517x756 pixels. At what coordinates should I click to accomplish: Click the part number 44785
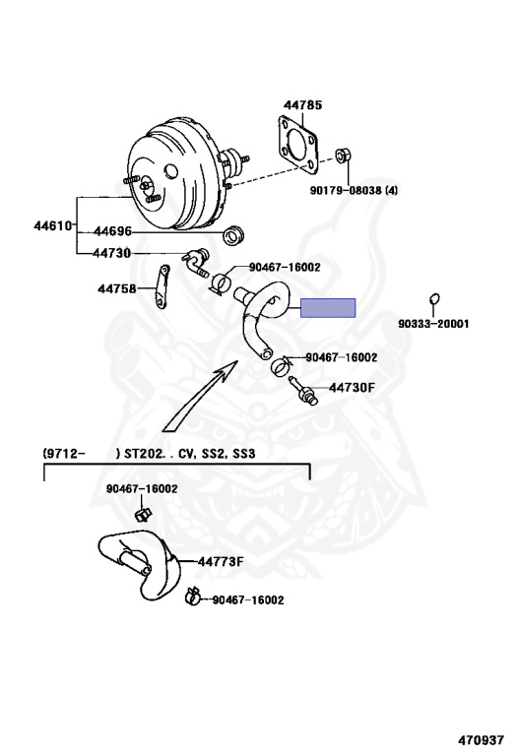[x=302, y=104]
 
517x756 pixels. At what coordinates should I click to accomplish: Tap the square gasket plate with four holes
[x=298, y=145]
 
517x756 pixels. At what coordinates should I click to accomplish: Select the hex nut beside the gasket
[x=343, y=156]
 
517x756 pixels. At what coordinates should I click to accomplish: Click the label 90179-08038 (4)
[x=354, y=190]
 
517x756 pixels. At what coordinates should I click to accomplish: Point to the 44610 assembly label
[x=53, y=225]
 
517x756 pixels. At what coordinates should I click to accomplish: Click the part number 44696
[x=112, y=231]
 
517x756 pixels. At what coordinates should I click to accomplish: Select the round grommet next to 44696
[x=233, y=235]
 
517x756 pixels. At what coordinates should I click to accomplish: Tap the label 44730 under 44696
[x=112, y=253]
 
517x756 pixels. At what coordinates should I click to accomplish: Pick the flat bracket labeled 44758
[x=162, y=285]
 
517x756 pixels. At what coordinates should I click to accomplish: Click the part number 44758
[x=117, y=288]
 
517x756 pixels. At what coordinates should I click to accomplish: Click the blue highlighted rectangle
[x=328, y=308]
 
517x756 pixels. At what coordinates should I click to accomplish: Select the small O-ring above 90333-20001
[x=434, y=299]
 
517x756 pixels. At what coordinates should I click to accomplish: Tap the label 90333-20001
[x=433, y=324]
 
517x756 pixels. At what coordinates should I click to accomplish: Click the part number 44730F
[x=352, y=387]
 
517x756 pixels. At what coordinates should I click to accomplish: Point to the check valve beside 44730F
[x=303, y=391]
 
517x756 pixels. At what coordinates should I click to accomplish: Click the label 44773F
[x=221, y=562]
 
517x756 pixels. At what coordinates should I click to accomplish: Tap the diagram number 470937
[x=482, y=739]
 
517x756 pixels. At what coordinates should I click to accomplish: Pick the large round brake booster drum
[x=178, y=176]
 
